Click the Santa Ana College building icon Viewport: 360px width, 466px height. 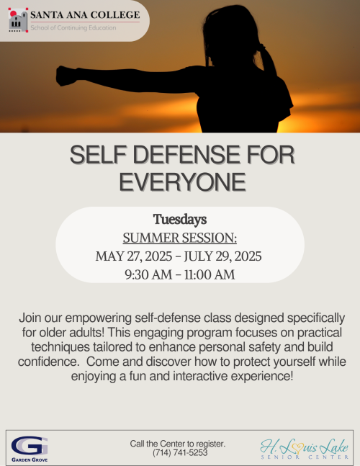pos(18,20)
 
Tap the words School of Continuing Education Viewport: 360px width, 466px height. pos(73,27)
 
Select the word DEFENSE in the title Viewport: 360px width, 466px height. pos(187,155)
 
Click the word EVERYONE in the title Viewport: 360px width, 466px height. pos(182,182)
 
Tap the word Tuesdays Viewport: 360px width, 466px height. pos(180,220)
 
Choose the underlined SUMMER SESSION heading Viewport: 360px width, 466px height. pos(180,238)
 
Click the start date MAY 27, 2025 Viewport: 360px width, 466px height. pos(134,256)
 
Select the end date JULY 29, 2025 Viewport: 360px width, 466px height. pos(222,256)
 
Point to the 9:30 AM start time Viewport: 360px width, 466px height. pos(148,274)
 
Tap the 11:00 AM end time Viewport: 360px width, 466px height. pos(210,274)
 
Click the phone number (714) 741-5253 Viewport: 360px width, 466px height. pos(180,452)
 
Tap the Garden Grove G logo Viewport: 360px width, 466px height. pos(30,446)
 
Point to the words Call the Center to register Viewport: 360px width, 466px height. pos(178,444)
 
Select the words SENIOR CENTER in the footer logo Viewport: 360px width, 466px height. pos(305,457)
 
